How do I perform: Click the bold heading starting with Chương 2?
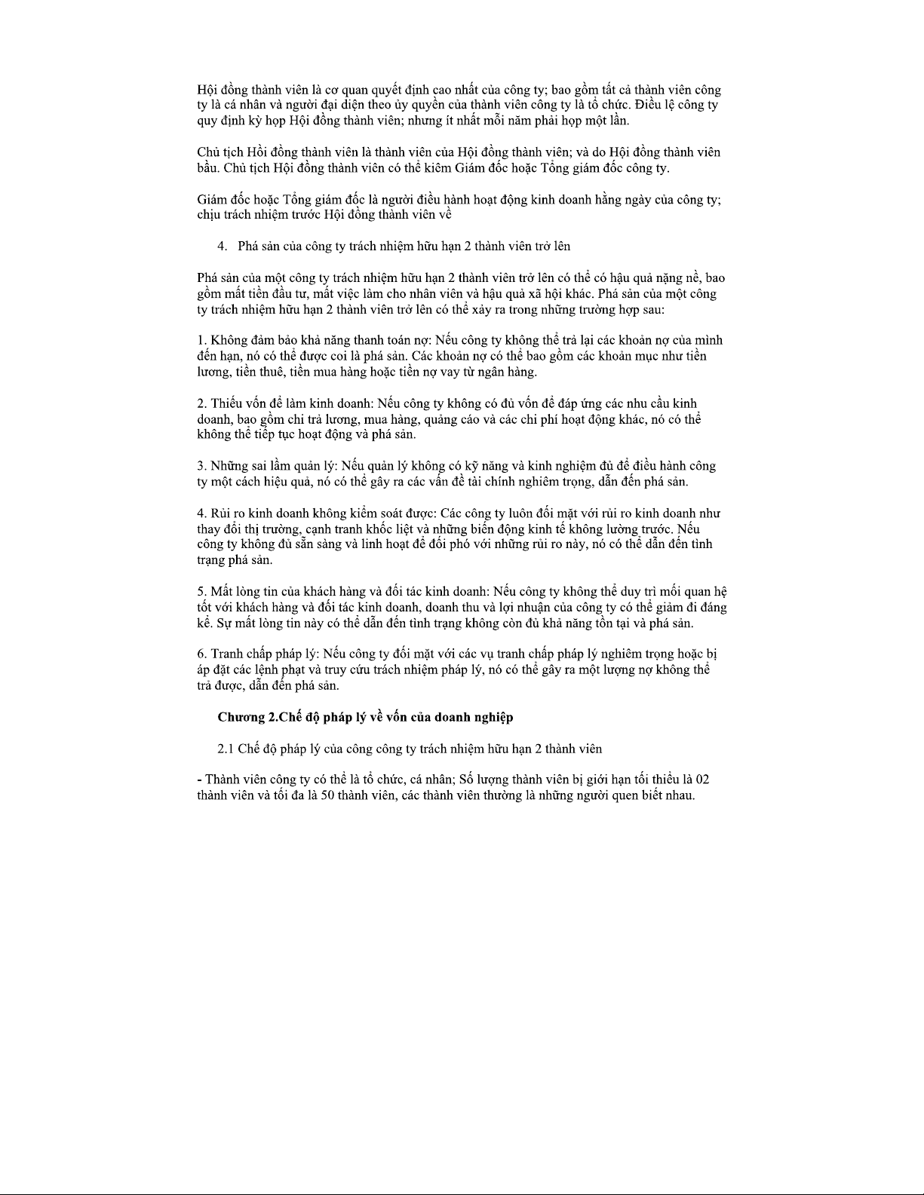(x=365, y=717)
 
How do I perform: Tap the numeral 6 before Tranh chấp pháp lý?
(x=200, y=654)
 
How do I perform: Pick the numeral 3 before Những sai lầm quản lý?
(x=200, y=466)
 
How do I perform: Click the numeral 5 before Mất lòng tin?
(x=200, y=591)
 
